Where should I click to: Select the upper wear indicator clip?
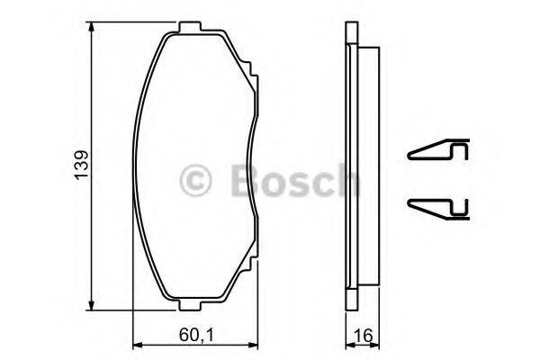[439, 152]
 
